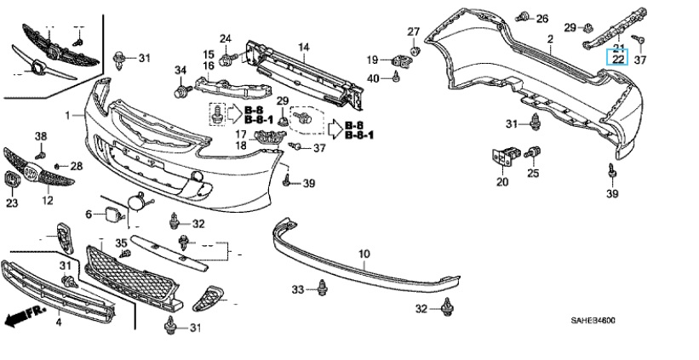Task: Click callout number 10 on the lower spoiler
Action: (x=364, y=254)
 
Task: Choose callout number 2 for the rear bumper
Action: (x=550, y=39)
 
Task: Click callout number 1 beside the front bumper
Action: (x=66, y=114)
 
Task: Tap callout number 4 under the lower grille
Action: (x=59, y=323)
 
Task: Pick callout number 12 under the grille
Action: (x=47, y=200)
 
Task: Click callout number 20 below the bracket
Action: (x=502, y=181)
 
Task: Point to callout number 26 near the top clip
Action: (x=542, y=18)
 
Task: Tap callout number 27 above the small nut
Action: (x=414, y=32)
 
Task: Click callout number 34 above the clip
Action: (x=180, y=70)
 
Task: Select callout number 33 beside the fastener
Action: (x=297, y=289)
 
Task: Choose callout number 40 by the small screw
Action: (x=373, y=78)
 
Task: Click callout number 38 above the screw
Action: (x=40, y=137)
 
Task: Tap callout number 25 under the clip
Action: (x=534, y=174)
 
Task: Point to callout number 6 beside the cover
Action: (x=87, y=214)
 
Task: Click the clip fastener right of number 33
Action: (x=322, y=289)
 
